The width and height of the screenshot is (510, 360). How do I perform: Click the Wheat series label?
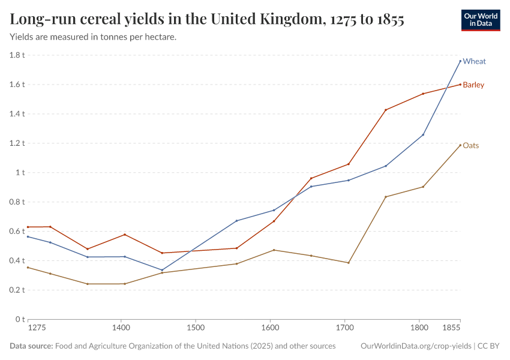point(474,61)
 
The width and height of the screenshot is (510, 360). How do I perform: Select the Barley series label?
point(473,85)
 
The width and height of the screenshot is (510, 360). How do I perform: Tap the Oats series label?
point(471,145)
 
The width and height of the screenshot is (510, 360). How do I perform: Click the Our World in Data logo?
point(481,20)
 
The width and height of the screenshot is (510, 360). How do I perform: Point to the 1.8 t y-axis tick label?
point(17,55)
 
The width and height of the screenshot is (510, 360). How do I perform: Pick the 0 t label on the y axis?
point(20,319)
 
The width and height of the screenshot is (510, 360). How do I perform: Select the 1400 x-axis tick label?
point(121,328)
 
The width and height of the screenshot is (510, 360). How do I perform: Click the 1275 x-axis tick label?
point(37,328)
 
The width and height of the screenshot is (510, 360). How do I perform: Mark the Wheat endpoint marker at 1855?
point(460,61)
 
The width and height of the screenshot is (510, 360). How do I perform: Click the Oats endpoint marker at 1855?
point(460,145)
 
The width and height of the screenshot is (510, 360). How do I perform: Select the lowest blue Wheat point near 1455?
point(162,270)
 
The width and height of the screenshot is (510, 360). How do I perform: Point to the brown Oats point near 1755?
point(386,197)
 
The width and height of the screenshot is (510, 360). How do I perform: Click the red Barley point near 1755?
point(386,110)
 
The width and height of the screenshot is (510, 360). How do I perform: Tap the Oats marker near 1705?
point(349,263)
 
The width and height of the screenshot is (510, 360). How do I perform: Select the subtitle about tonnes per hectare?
point(93,37)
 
